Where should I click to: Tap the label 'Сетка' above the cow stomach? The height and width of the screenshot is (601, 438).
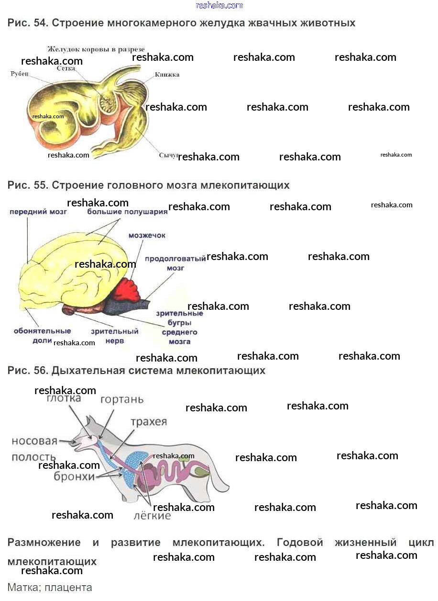pos(66,68)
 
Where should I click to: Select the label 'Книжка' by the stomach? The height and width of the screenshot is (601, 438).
pos(167,75)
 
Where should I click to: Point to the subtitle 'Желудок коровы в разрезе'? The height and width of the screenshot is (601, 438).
pos(96,49)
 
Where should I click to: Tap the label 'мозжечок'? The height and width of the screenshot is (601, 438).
pos(147,235)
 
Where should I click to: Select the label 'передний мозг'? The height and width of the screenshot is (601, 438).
pos(38,211)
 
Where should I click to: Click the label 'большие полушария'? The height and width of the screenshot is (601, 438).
pos(127,211)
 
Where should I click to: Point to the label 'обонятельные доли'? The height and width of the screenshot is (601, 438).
pos(42,336)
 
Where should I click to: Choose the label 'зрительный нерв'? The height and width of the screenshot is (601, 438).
pos(115,336)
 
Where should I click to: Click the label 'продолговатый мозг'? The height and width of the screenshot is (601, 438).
pos(175,263)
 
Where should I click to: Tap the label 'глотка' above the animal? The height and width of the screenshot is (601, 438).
pos(64,398)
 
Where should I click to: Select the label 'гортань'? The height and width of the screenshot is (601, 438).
pos(122,399)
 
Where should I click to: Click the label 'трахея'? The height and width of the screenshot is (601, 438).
pos(149,422)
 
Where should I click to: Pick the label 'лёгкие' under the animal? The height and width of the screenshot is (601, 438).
pos(152,516)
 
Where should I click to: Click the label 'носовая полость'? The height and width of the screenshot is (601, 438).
pos(34,449)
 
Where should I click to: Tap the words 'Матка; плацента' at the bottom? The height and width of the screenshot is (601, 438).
pos(50,587)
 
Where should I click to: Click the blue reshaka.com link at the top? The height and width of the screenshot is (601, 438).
pos(219,5)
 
